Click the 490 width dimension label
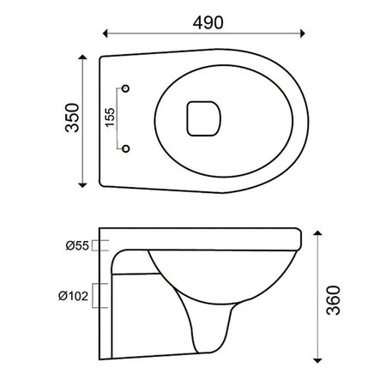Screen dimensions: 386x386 [x=208, y=22]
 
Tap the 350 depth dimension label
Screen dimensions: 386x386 [x=72, y=118]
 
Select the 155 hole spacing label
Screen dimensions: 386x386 [x=110, y=118]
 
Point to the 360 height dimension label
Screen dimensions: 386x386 [x=334, y=300]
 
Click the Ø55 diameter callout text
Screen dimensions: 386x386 [x=77, y=245]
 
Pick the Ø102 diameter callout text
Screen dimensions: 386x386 [x=74, y=296]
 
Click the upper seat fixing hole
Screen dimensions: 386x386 [x=125, y=88]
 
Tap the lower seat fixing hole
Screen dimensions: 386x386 [x=125, y=148]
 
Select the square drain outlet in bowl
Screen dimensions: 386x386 [x=204, y=118]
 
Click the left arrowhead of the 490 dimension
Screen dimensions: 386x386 [x=105, y=33]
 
